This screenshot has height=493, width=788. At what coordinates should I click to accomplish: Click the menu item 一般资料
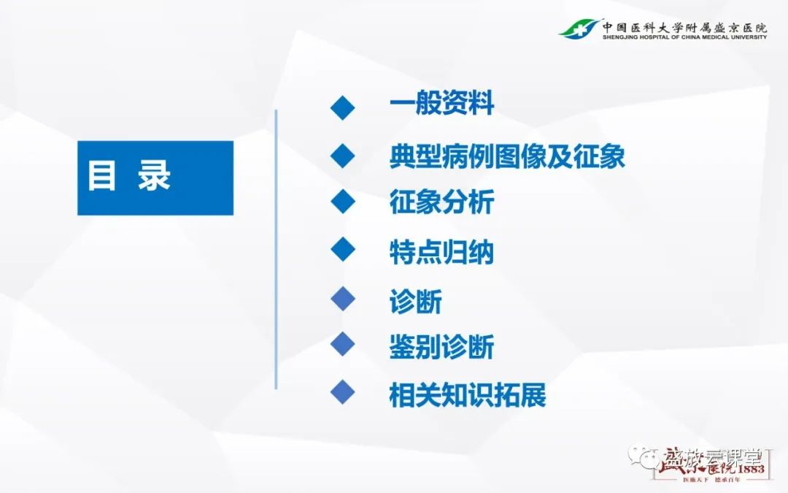click(441, 104)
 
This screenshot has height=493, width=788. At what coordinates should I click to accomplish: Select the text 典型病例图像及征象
click(507, 156)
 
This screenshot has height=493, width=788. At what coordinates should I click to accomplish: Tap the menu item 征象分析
click(441, 202)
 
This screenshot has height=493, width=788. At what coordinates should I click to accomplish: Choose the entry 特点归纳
click(441, 252)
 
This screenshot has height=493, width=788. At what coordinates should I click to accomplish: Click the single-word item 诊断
click(415, 301)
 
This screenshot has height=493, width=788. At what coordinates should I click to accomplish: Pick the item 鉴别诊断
click(441, 346)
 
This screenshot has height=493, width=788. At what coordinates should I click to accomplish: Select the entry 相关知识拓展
click(468, 395)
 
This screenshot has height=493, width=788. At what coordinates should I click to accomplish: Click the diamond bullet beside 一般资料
click(342, 107)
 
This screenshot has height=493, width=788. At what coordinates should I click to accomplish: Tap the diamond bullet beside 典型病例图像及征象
click(342, 155)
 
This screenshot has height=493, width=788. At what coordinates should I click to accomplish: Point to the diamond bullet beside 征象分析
click(342, 202)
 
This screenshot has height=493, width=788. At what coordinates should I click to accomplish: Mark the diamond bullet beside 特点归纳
click(342, 250)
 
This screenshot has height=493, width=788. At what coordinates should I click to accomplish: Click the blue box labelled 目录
click(155, 177)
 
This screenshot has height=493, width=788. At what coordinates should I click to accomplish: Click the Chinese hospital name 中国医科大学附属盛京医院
click(684, 24)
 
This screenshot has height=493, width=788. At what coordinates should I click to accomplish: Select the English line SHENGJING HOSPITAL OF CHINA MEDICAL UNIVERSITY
click(684, 37)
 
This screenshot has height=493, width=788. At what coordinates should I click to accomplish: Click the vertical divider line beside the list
click(276, 248)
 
